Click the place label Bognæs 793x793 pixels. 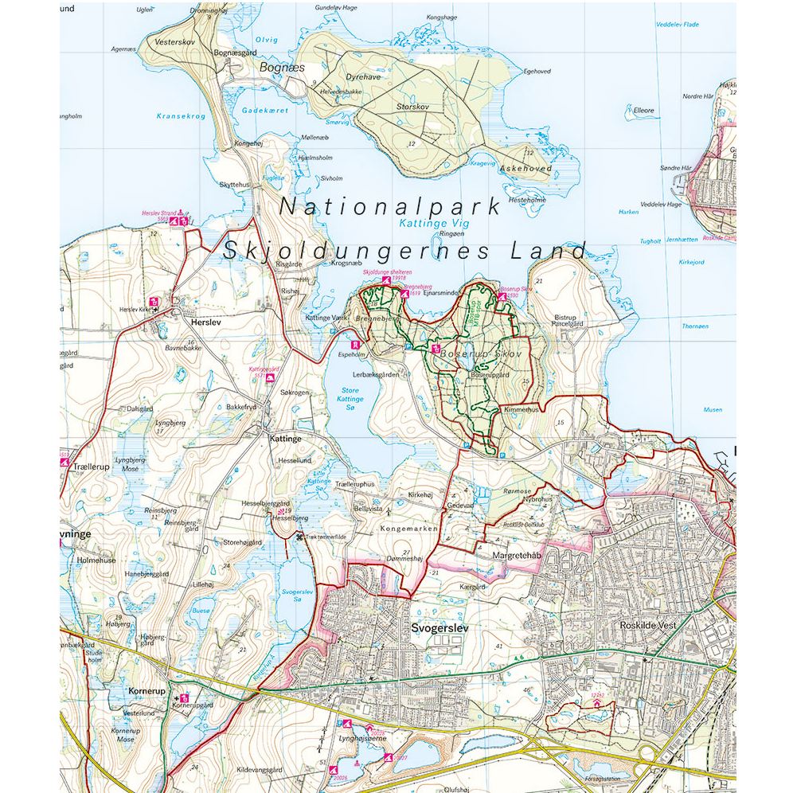coord(282,68)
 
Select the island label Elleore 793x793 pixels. coord(643,111)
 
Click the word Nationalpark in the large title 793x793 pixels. coord(389,206)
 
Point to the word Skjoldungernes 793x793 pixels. coord(354,250)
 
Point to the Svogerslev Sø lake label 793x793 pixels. coord(298,597)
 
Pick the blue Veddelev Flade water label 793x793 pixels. coord(678,25)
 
